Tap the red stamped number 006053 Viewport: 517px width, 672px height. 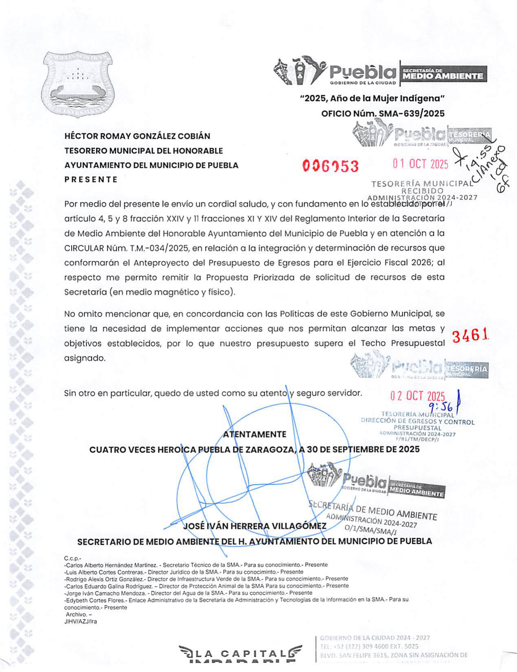pyautogui.click(x=331, y=166)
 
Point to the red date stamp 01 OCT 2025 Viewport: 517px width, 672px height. pyautogui.click(x=420, y=164)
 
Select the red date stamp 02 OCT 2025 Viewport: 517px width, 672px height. pyautogui.click(x=418, y=396)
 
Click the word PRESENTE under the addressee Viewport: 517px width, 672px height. pyautogui.click(x=91, y=179)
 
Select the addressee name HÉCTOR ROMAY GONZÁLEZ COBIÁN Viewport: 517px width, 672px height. pyautogui.click(x=137, y=136)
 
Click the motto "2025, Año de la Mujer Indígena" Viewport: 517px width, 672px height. pyautogui.click(x=372, y=99)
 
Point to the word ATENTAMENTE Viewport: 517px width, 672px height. pyautogui.click(x=255, y=434)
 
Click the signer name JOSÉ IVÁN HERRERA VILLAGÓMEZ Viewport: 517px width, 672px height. pyautogui.click(x=255, y=526)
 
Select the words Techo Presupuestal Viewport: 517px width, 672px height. pyautogui.click(x=403, y=343)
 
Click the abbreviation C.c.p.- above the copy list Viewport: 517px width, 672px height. pyautogui.click(x=73, y=558)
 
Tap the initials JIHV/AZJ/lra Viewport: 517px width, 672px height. pyautogui.click(x=81, y=622)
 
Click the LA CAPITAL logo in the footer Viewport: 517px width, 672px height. pyautogui.click(x=241, y=654)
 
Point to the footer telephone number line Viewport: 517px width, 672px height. pyautogui.click(x=369, y=646)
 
